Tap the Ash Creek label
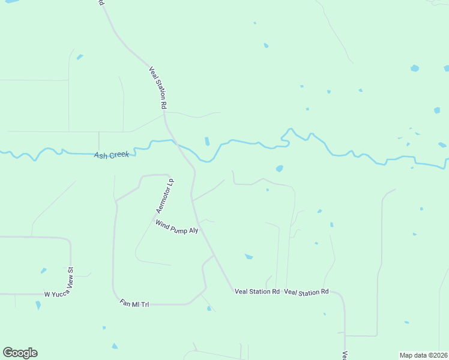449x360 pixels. [112, 155]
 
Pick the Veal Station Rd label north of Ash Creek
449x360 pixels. [157, 87]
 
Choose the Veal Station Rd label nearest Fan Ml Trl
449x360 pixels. [257, 292]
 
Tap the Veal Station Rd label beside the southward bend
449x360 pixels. [306, 292]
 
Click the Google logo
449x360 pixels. [20, 353]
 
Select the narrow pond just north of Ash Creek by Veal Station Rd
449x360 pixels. [207, 141]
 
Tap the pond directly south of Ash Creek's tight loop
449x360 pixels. [279, 169]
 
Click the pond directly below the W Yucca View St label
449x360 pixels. [38, 305]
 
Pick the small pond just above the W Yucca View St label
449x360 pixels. [43, 271]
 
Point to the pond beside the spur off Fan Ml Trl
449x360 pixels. [209, 308]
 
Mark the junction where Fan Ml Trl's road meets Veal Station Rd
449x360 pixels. [213, 256]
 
